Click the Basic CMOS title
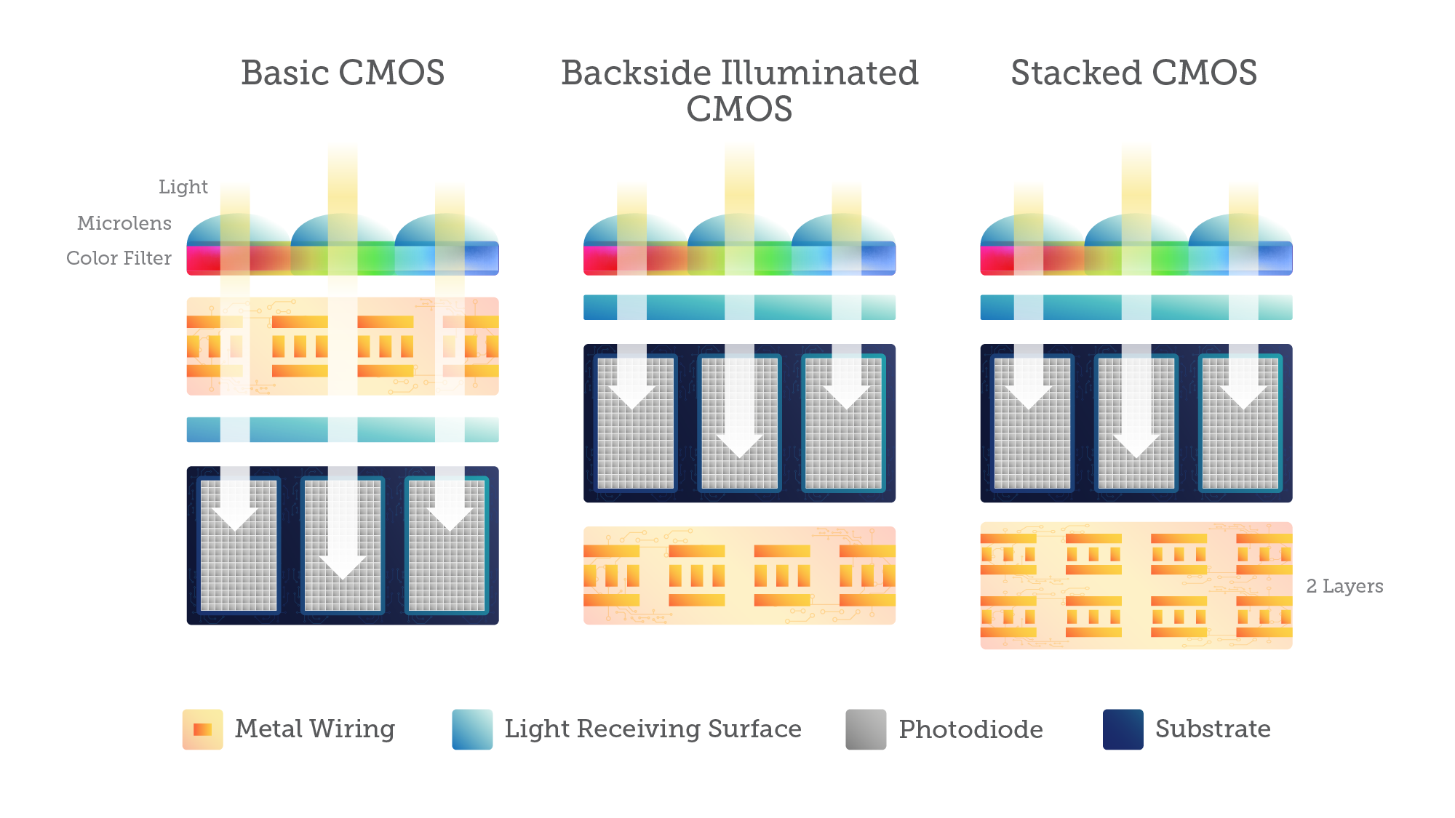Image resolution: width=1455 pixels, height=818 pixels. coord(343,73)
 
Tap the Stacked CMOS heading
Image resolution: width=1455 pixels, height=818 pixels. coord(1133,73)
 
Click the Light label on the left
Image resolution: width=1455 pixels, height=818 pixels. coord(183,187)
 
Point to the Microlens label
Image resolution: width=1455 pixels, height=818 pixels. coord(124,223)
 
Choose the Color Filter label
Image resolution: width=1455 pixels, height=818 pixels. coord(119,258)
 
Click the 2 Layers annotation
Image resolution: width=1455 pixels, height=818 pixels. coord(1344,586)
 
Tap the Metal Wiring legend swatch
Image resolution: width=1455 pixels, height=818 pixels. coord(202,729)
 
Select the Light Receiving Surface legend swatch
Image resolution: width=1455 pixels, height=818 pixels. coord(472,729)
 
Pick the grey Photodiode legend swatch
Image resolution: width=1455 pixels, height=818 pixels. coord(866,729)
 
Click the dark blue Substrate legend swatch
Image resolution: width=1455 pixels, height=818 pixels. coord(1123,729)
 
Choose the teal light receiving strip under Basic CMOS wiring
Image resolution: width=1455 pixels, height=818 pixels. coord(291,430)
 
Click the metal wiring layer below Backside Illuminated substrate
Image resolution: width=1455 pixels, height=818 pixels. coord(739,575)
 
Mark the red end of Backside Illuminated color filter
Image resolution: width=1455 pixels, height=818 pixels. coord(598,260)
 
